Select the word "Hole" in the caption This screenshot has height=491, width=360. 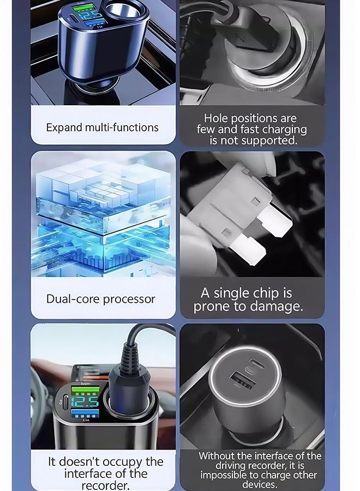217,118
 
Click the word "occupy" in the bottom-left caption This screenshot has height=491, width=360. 118,462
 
